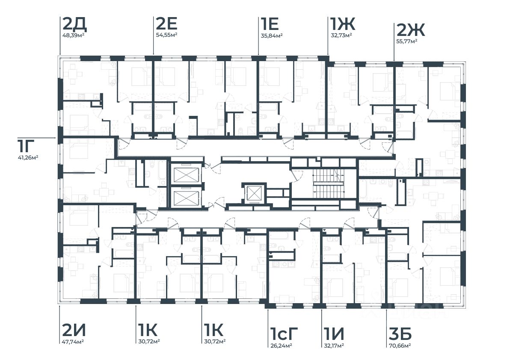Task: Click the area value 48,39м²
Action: click(73, 35)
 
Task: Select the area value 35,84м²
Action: click(271, 35)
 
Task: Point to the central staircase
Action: click(327, 183)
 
